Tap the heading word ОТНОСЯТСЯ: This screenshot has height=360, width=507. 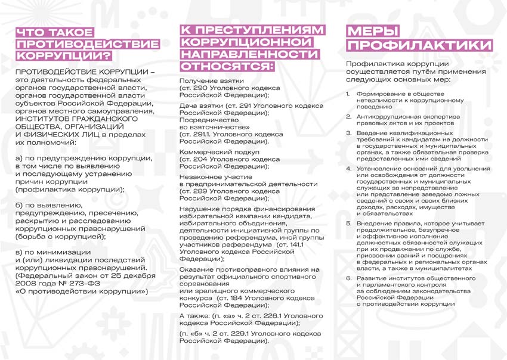coord(226,65)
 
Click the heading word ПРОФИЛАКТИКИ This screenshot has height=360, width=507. coord(419,46)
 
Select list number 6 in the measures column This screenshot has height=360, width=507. coord(348,278)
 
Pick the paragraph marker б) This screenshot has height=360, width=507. coord(20,204)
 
